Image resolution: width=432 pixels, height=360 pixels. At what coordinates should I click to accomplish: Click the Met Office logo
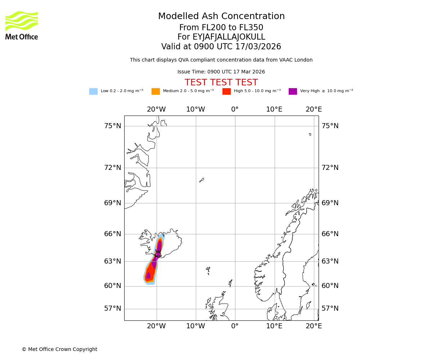tap(22, 25)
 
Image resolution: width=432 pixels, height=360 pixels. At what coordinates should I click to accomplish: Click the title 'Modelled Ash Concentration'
tap(221, 17)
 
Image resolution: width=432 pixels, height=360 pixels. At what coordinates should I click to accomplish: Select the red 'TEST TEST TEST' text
tap(221, 83)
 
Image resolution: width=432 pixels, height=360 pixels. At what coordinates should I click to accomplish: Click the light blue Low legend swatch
tap(93, 91)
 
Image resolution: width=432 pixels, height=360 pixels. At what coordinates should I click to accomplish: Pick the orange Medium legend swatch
tap(156, 91)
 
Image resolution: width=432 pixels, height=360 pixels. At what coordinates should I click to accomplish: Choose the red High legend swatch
tap(226, 91)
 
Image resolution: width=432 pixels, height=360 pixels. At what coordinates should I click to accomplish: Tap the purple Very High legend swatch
tap(293, 91)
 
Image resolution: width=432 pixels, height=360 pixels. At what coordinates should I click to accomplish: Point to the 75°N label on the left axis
tap(113, 126)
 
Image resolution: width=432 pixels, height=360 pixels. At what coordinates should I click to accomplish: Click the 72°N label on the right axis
tap(330, 168)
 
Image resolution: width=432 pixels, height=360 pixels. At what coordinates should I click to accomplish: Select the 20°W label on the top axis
tap(156, 109)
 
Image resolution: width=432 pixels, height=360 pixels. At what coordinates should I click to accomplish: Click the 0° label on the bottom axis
tap(235, 326)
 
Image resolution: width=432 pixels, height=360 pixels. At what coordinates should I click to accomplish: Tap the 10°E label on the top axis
tap(274, 109)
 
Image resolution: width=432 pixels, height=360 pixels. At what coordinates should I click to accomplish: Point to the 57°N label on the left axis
tap(113, 309)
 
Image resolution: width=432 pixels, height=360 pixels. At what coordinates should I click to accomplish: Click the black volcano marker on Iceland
tap(158, 253)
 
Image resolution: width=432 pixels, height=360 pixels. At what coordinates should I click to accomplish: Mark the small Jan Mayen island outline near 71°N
tap(202, 180)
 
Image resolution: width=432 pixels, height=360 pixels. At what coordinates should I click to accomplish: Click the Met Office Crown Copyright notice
tap(59, 350)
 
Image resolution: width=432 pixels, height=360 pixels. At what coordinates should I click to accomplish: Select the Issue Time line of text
tap(221, 72)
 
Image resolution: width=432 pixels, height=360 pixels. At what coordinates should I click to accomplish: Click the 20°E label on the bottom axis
tap(314, 326)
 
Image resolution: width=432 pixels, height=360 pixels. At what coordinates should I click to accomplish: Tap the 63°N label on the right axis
tap(330, 261)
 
